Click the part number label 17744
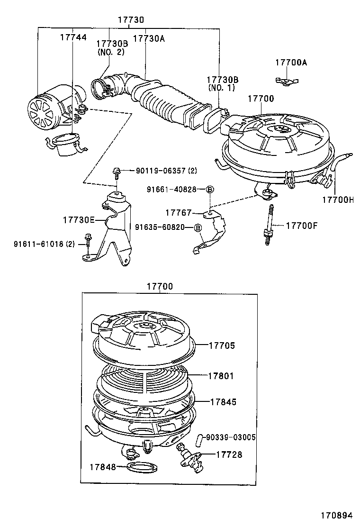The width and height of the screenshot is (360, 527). pos(73,37)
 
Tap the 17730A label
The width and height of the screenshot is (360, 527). pos(149,38)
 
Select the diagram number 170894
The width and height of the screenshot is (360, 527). pos(336,515)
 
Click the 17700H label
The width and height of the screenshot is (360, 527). pos(338,200)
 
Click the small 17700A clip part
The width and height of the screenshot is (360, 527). pos(287,80)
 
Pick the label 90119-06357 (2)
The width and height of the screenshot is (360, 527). pos(166,171)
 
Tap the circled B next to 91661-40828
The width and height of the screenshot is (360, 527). pos(209,190)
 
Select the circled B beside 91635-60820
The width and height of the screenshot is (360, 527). pos(198,227)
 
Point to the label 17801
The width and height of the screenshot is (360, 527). pos(221,376)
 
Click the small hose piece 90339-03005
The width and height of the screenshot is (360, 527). pos(198,438)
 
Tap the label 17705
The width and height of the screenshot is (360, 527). pos(222,345)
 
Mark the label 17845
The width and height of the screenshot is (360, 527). pos(223,401)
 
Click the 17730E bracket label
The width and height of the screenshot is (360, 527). pos(79,220)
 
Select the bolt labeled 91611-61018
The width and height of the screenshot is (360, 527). pos(88,243)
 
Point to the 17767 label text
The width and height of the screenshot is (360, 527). pos(178,213)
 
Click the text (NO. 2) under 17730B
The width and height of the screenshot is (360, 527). pos(111,52)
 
